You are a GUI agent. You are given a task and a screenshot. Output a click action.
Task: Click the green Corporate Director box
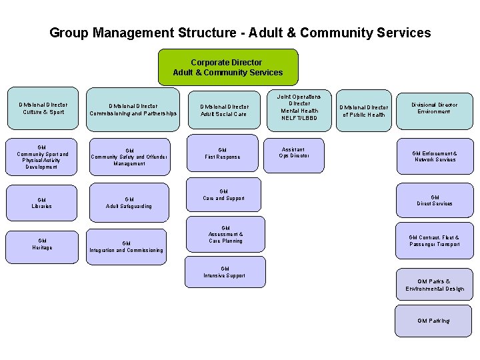[227, 67]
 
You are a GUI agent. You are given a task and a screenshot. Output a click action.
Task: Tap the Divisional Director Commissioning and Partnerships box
[133, 109]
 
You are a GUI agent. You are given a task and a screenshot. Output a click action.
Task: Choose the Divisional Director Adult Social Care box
[224, 110]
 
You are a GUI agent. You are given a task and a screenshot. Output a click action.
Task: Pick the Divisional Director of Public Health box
[363, 111]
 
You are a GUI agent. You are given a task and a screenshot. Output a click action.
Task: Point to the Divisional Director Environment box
[434, 108]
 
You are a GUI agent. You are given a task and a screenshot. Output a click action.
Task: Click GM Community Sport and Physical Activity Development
[42, 157]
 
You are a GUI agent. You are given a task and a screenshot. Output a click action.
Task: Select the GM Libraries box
[42, 203]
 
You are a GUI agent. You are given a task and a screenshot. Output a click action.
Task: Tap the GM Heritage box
[42, 244]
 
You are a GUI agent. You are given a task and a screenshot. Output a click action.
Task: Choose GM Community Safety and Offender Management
[129, 157]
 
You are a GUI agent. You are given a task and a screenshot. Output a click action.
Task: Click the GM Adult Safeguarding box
[129, 203]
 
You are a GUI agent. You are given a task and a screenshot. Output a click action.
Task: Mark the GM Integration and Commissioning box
[127, 247]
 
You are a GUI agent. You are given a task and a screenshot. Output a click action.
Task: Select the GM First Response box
[223, 153]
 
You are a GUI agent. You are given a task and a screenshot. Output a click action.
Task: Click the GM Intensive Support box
[225, 272]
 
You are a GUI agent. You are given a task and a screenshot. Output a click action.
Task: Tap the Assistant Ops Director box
[293, 153]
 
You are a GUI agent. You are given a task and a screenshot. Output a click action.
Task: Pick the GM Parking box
[433, 321]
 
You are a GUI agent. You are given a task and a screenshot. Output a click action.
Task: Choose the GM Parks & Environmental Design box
[434, 285]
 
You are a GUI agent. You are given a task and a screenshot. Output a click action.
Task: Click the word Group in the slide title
[69, 33]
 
